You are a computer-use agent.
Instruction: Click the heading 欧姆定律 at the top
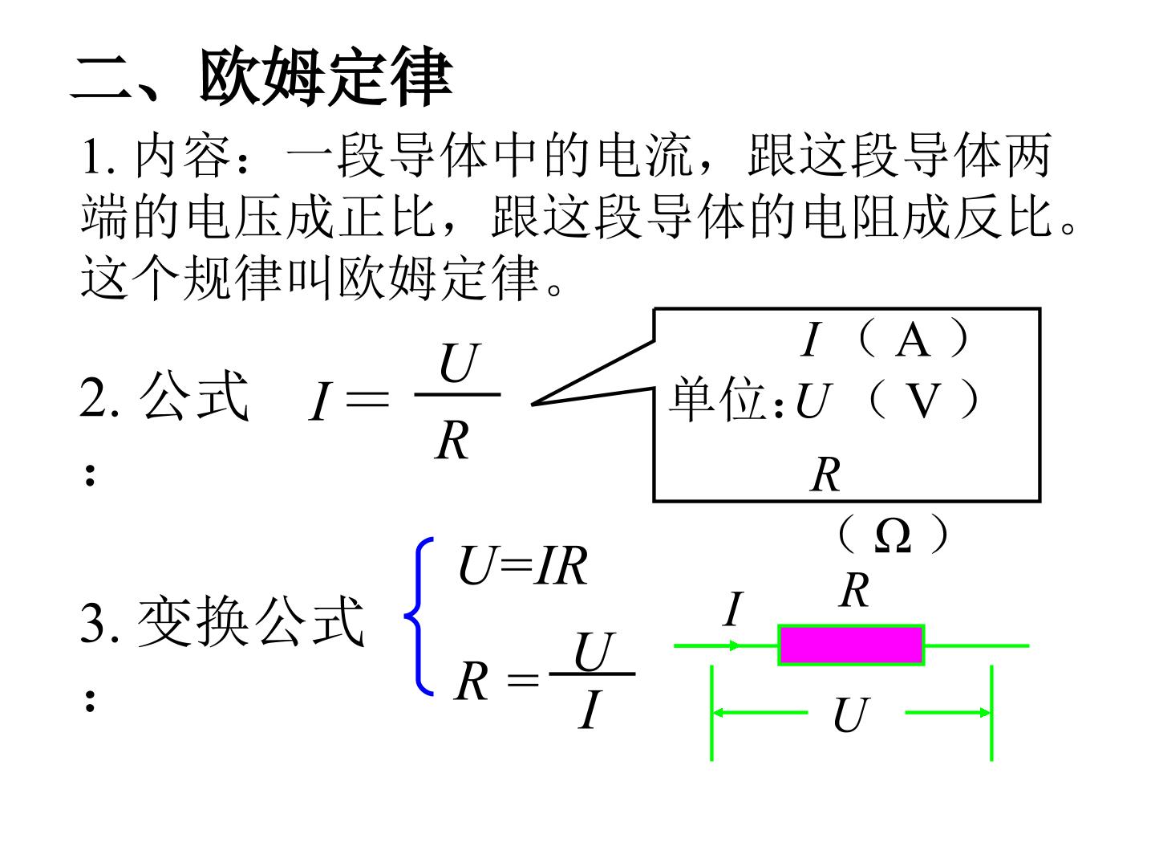326,76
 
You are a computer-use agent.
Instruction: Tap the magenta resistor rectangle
851,645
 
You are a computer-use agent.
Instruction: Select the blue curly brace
419,617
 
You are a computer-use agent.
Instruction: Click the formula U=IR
522,566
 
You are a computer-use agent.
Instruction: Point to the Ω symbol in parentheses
893,536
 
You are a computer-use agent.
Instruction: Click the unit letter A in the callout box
912,340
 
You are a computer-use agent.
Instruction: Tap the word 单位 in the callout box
718,399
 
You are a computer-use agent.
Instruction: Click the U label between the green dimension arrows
851,714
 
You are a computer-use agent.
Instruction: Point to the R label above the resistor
854,590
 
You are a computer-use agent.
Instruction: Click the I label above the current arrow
733,609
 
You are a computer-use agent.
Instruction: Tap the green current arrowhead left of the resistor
735,645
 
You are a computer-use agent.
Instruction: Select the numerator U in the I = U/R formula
459,362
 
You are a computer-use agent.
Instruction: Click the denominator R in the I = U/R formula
452,441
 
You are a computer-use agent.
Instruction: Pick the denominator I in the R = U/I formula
590,709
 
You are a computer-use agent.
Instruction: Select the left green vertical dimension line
711,713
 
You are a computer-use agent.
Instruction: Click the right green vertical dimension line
991,713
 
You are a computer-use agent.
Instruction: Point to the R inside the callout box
825,474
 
